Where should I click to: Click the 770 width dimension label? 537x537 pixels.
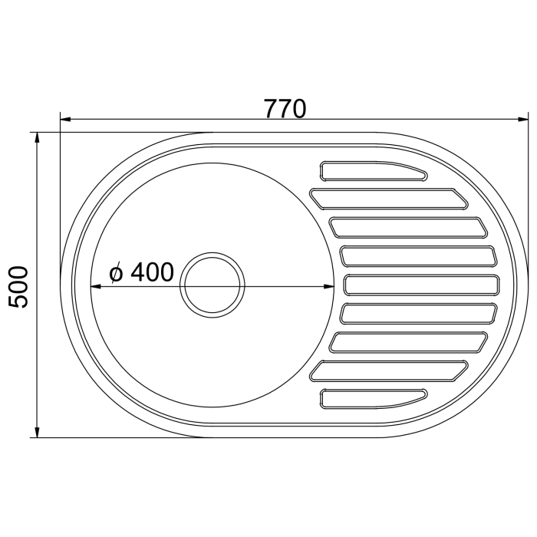coord(285,109)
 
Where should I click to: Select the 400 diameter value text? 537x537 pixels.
coord(152,272)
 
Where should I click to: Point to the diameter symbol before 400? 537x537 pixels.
coord(116,274)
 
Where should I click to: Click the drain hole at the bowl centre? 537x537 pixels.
coord(212,285)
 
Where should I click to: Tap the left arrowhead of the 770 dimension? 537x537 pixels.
coord(65,120)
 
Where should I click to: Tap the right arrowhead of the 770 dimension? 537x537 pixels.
coord(523,120)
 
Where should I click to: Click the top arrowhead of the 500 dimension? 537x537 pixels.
coord(38,137)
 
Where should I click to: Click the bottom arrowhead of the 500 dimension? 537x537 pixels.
coord(38,432)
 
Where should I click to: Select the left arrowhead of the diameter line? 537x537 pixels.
coord(96,285)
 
